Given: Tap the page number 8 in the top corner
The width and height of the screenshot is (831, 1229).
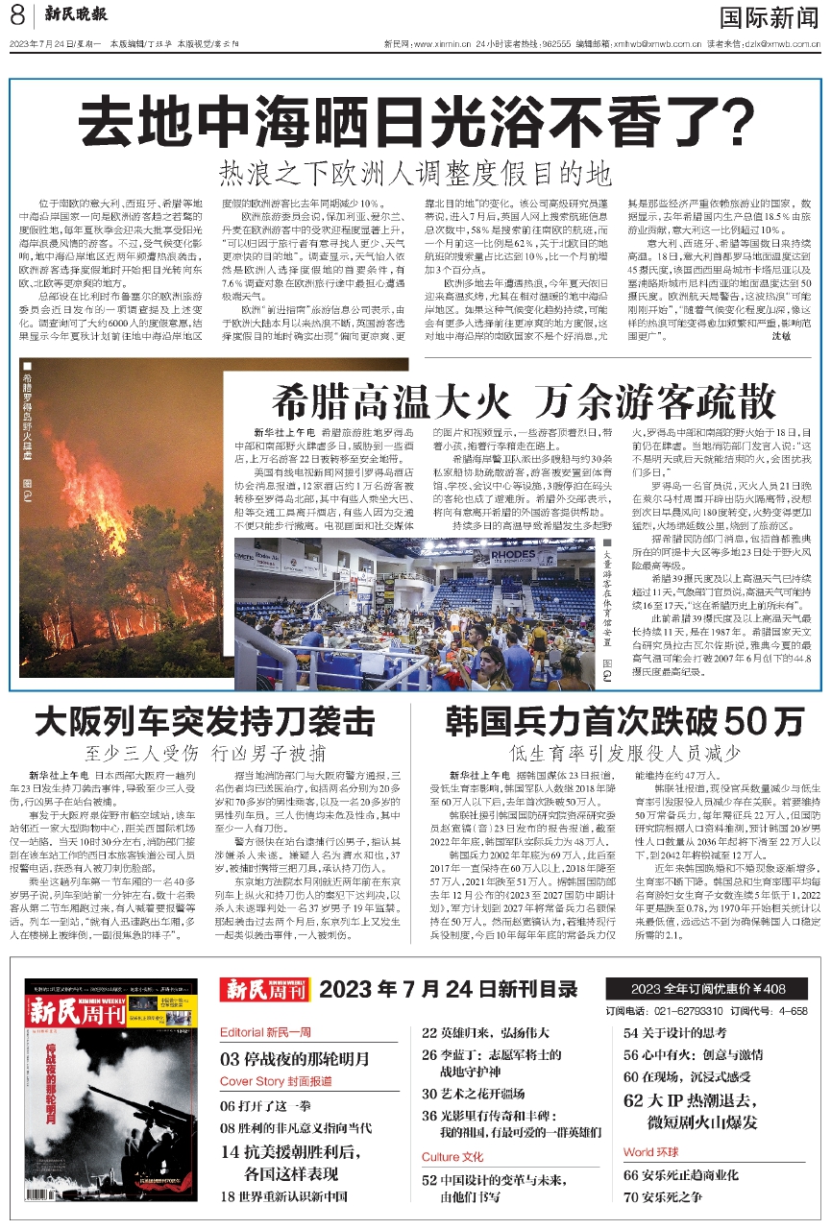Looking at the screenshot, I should pyautogui.click(x=17, y=16).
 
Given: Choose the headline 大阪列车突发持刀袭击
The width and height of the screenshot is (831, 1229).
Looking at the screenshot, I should pyautogui.click(x=203, y=720).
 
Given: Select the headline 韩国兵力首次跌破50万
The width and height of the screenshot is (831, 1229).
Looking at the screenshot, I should pyautogui.click(x=623, y=720).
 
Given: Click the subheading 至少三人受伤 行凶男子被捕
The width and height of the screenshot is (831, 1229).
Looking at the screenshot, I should pyautogui.click(x=205, y=752).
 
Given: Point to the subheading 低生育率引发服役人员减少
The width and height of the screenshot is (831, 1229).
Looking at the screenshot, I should pyautogui.click(x=623, y=752).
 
